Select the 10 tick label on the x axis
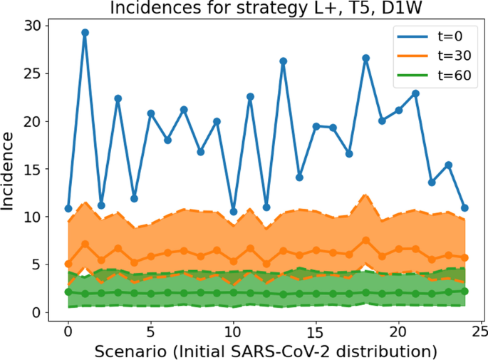[x=233, y=331]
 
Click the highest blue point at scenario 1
[x=85, y=32]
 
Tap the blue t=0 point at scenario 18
[x=365, y=58]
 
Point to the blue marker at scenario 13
[x=283, y=61]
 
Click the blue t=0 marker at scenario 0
[x=68, y=209]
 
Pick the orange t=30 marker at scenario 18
[x=365, y=240]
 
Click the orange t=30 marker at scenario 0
[x=68, y=264]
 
